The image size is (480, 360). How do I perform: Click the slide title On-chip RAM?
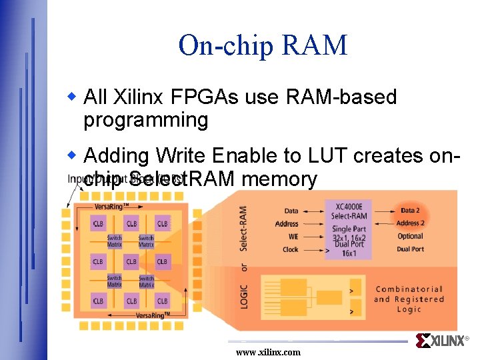tap(263, 45)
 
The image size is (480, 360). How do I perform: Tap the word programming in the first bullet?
tap(146, 121)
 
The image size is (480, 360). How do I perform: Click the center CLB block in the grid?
tap(131, 261)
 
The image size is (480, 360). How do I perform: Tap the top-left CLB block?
tap(98, 223)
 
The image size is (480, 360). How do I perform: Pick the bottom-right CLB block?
tap(162, 301)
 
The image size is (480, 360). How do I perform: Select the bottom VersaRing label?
tap(153, 315)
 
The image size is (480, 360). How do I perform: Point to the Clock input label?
tap(290, 249)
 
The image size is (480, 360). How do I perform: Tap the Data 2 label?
tap(410, 211)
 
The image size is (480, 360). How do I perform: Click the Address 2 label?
tap(410, 223)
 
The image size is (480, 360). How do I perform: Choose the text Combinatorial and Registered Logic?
tap(408, 299)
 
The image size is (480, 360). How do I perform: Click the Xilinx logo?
tap(443, 341)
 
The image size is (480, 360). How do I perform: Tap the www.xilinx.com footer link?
tap(268, 352)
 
